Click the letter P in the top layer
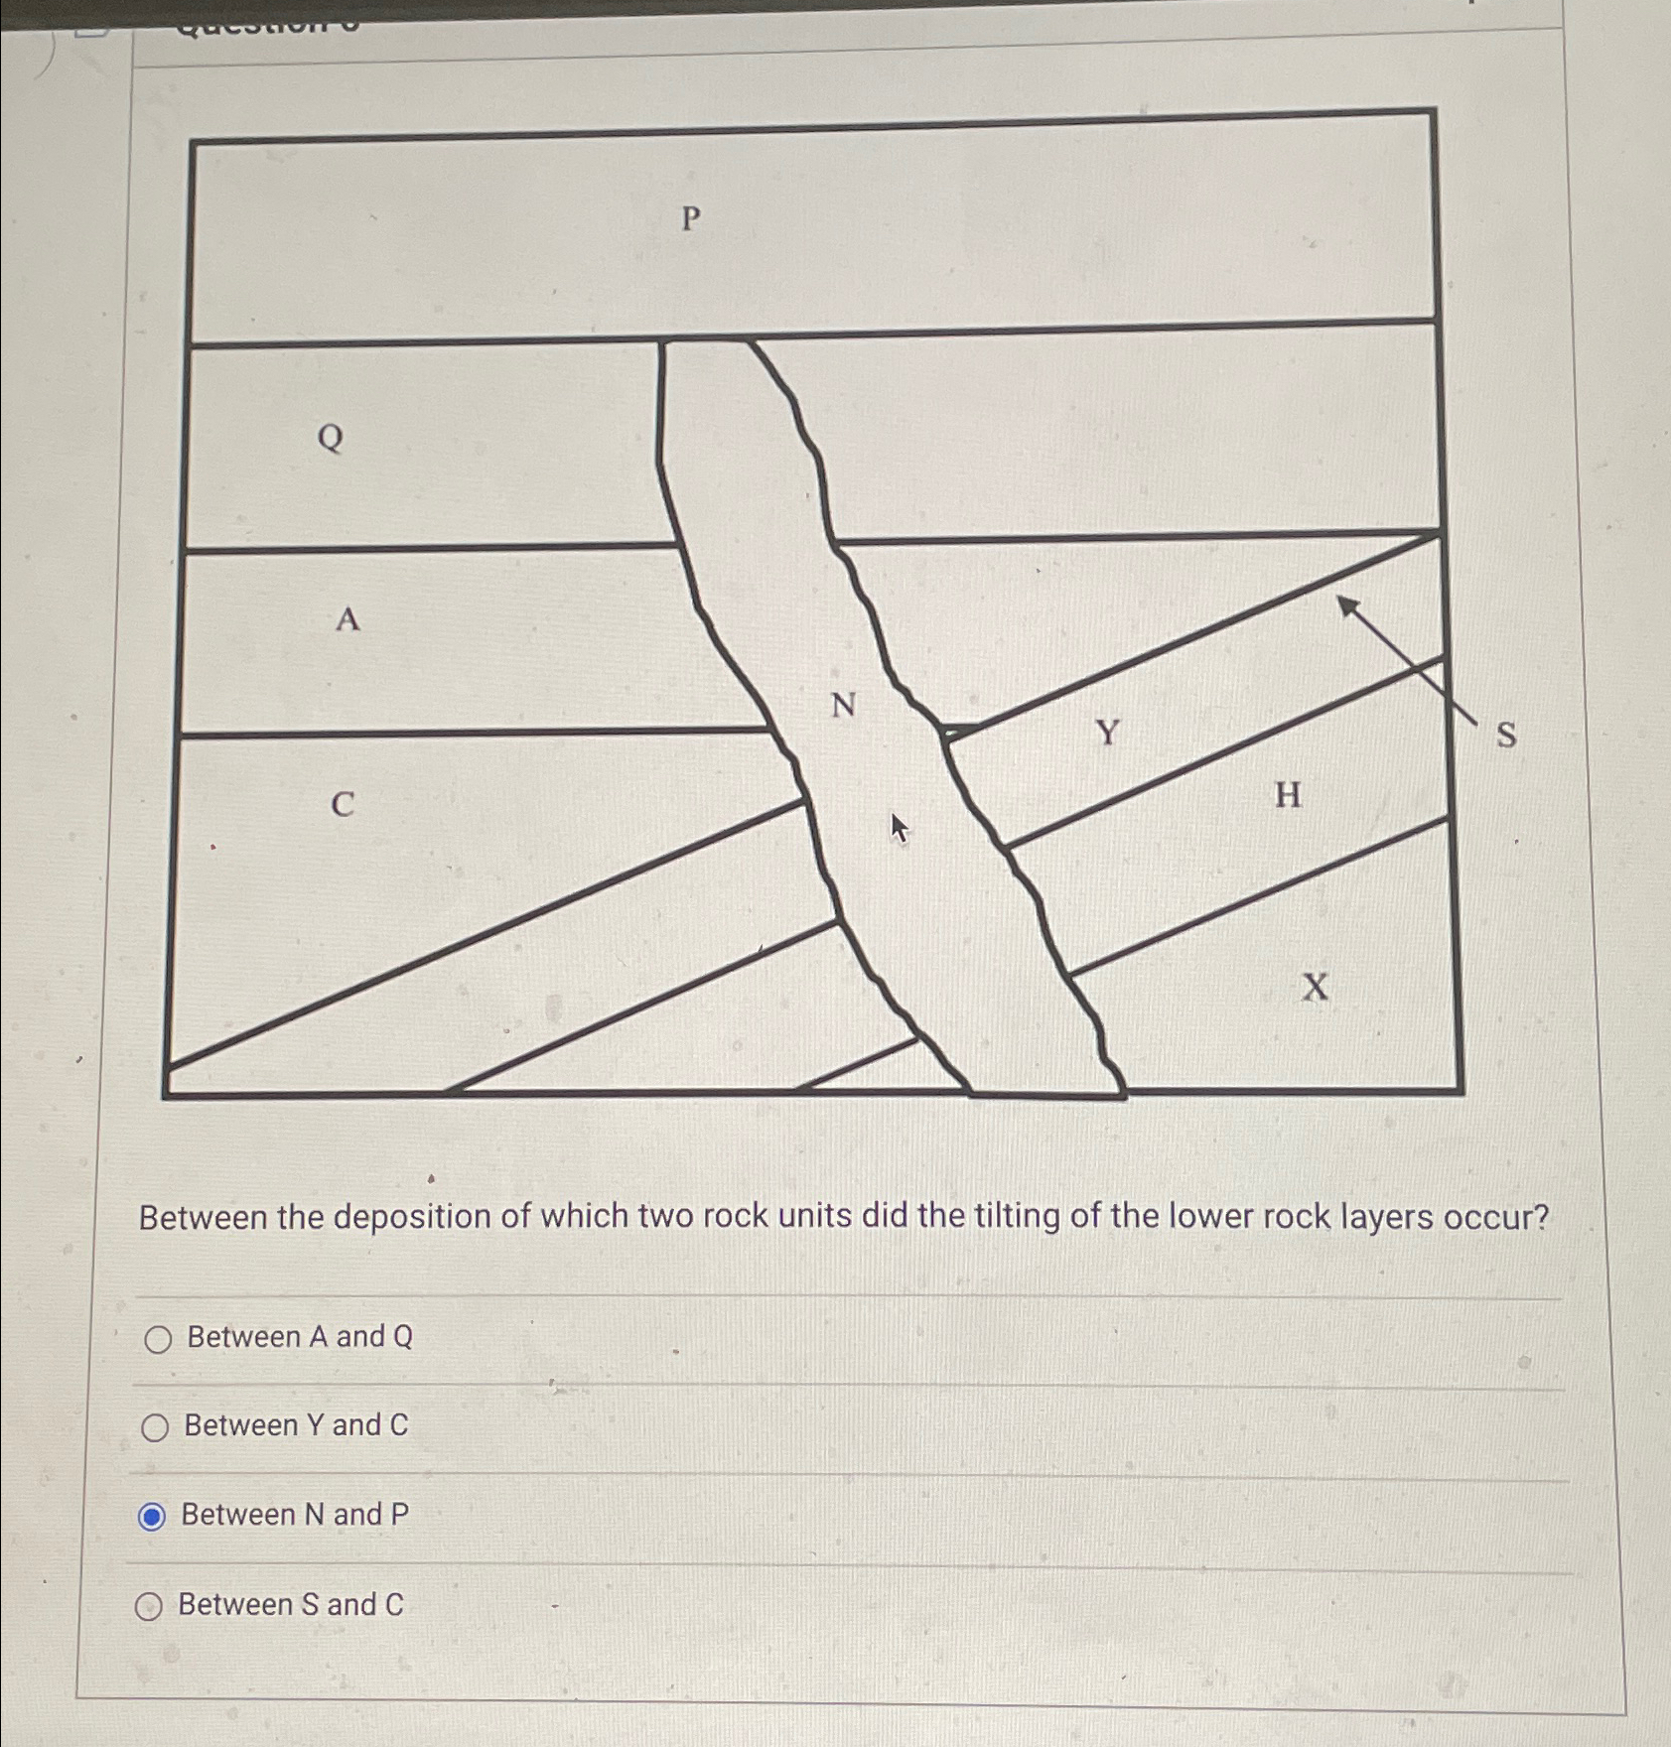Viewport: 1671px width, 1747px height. (x=691, y=218)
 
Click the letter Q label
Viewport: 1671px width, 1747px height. (x=331, y=438)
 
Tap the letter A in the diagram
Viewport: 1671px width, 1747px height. (x=347, y=620)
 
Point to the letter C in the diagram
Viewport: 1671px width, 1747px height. (x=343, y=804)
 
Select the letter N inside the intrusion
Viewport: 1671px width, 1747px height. (x=843, y=706)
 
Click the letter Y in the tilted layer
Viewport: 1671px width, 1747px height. (x=1108, y=734)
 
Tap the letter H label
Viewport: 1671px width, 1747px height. (x=1288, y=795)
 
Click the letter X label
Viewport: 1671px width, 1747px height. (x=1315, y=988)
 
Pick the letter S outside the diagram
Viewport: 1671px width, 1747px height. (x=1506, y=736)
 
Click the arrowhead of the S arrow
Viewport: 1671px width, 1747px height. (x=1347, y=605)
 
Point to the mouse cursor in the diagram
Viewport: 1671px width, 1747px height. (x=899, y=827)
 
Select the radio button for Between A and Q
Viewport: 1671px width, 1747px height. (x=158, y=1340)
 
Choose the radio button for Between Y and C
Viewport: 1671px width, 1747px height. (x=155, y=1428)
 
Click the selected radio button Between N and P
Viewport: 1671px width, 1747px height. (x=152, y=1517)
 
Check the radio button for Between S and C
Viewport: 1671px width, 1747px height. (x=149, y=1606)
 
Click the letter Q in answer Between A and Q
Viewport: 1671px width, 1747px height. (x=402, y=1337)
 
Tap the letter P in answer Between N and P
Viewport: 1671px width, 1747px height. (x=399, y=1515)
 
